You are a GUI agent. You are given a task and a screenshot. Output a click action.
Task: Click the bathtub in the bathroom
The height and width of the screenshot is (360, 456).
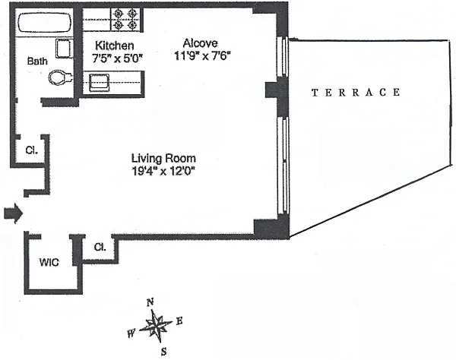[x=45, y=23]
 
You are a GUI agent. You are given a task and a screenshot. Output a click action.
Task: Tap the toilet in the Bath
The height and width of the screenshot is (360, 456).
[x=60, y=77]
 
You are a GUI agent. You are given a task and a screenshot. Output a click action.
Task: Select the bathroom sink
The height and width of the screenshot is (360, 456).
[x=64, y=49]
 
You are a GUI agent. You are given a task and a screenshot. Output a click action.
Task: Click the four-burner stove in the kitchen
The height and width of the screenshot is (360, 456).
[x=125, y=20]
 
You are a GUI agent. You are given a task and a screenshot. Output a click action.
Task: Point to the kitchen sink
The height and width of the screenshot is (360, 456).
[x=99, y=82]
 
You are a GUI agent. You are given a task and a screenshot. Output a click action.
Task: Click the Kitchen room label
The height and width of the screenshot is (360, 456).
[x=115, y=46]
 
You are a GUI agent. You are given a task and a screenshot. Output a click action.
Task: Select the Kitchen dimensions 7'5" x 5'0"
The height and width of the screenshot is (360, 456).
[x=117, y=58]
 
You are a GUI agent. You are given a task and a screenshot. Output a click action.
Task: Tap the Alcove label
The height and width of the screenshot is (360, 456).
[x=200, y=43]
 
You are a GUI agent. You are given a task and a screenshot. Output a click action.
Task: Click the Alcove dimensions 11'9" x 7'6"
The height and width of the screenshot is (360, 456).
[x=202, y=55]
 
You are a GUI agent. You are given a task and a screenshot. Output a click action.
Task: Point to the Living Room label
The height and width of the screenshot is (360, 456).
[x=163, y=158]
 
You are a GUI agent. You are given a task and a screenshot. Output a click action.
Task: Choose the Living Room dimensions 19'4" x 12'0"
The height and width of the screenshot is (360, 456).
[x=163, y=171]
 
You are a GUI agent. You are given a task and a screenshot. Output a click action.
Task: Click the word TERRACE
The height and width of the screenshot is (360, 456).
[x=356, y=93]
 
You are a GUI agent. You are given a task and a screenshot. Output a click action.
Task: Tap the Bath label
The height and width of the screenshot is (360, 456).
[x=37, y=61]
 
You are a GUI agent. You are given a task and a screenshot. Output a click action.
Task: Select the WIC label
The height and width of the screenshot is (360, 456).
[x=49, y=262]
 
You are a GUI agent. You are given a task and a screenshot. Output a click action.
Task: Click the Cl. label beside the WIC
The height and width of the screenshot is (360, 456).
[x=100, y=247]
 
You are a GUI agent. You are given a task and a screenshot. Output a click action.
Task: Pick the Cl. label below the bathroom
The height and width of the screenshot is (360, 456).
[x=31, y=150]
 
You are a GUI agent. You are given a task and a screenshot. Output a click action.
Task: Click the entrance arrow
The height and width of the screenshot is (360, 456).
[x=13, y=213]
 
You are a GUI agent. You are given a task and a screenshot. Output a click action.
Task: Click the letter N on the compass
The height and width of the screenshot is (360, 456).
[x=150, y=303]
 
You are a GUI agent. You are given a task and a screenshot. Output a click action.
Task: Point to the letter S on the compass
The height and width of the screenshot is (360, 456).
[x=163, y=352]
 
